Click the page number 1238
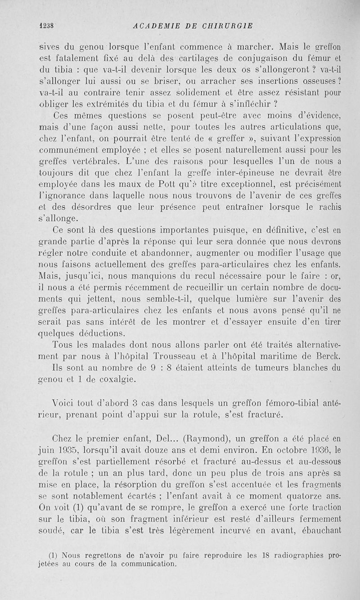point(47,26)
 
